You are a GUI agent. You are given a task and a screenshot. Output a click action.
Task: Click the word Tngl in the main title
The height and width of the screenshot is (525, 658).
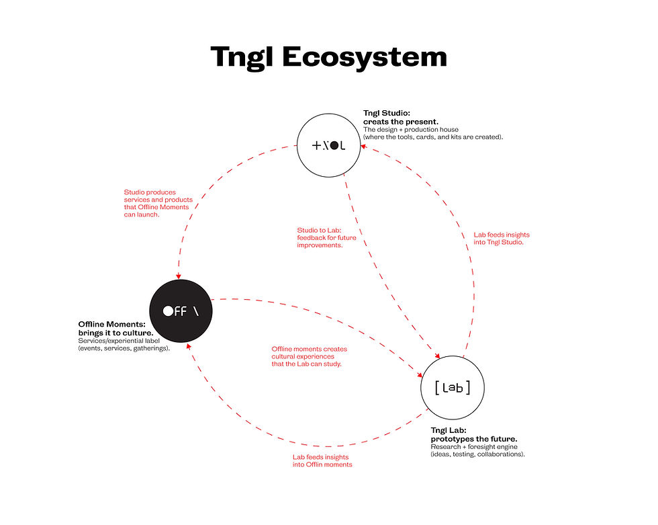242,56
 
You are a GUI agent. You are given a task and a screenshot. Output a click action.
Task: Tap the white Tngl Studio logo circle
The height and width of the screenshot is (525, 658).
328,145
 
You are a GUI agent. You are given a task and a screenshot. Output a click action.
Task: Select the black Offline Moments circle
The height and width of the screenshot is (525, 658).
181,311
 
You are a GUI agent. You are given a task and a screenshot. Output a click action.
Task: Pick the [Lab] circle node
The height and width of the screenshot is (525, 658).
452,387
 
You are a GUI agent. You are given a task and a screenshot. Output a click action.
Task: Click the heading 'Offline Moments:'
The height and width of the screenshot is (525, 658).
112,325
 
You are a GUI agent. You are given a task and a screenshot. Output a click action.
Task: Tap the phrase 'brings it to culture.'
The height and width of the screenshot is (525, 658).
116,333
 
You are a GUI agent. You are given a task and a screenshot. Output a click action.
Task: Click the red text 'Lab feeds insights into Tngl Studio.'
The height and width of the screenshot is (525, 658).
501,238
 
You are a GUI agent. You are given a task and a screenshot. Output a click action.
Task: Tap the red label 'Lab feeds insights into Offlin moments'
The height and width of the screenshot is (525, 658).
322,460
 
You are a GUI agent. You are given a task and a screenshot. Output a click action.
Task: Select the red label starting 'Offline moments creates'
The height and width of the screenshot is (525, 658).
309,356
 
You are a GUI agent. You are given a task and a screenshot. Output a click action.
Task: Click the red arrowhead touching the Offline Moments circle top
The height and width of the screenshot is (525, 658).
179,276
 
